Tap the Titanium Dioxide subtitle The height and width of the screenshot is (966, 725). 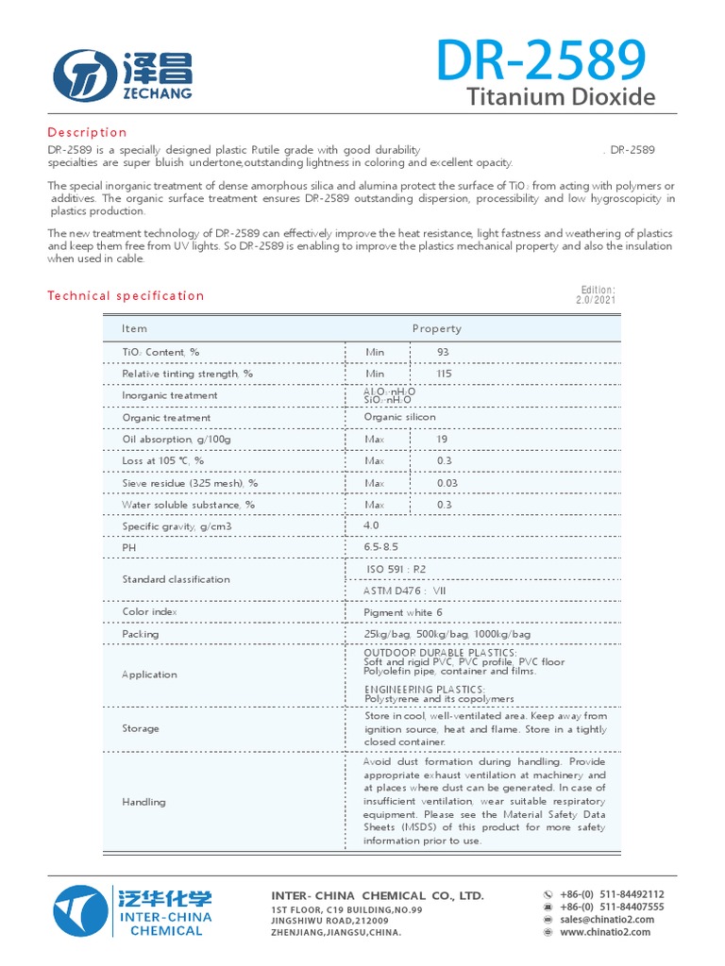[x=561, y=97]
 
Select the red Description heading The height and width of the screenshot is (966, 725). [x=87, y=132]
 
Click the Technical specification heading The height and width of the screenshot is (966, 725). [x=126, y=295]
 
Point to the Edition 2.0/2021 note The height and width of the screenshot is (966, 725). [x=596, y=294]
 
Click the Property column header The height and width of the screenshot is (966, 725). [x=436, y=328]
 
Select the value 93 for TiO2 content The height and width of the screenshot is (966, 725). [x=443, y=352]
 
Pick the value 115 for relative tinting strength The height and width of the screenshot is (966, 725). [x=445, y=374]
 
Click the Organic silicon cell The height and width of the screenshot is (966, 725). [x=399, y=417]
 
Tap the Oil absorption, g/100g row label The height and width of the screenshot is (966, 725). [x=176, y=440]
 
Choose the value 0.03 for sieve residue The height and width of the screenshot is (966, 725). [x=447, y=483]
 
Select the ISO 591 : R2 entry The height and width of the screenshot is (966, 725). [x=396, y=569]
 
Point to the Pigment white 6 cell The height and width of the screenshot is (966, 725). [x=402, y=612]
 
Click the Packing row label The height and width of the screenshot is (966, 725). [x=141, y=634]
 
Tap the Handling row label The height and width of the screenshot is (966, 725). [x=143, y=802]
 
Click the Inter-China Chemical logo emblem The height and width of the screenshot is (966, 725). [x=80, y=912]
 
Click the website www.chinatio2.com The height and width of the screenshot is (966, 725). [x=604, y=932]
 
